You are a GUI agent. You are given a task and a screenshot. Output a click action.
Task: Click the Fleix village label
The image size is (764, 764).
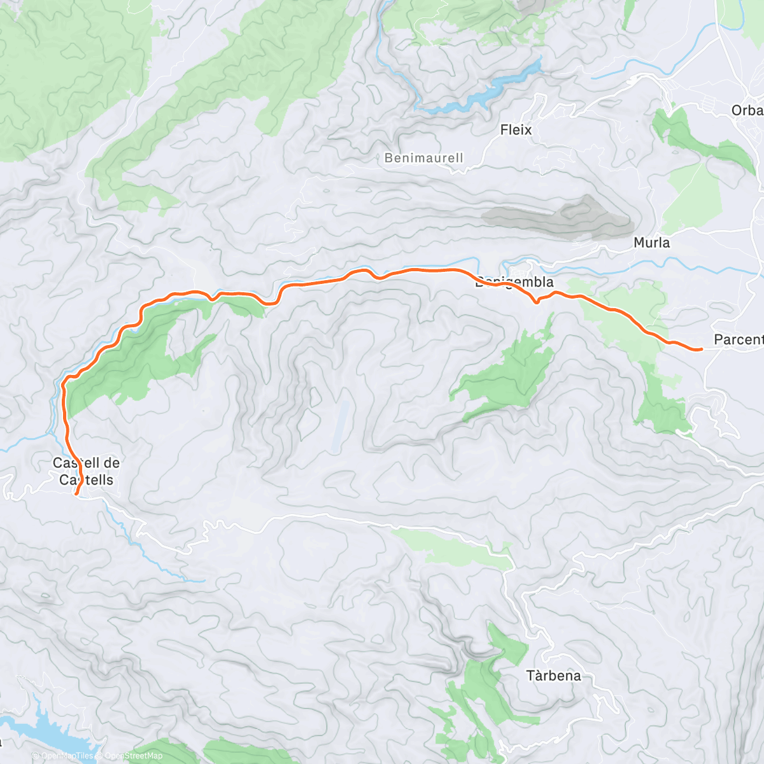pos(516,130)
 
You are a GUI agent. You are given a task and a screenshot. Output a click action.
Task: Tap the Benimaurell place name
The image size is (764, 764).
pos(424,158)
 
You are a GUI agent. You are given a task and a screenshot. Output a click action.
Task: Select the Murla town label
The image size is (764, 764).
pos(651,243)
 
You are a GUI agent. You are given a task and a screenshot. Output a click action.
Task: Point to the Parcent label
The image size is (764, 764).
pos(738,339)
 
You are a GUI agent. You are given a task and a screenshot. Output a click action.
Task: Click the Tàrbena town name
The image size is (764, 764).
pos(553,676)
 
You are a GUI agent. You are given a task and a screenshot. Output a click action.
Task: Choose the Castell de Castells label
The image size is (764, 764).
pos(86,471)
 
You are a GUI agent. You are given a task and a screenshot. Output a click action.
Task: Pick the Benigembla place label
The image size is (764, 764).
pos(514,282)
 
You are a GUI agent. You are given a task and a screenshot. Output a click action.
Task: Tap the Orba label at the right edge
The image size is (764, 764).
pos(746,110)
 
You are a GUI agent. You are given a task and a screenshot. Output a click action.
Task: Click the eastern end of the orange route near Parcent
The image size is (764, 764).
pos(700,350)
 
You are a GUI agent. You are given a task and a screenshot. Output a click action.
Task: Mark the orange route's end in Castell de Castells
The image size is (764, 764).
pos(76,493)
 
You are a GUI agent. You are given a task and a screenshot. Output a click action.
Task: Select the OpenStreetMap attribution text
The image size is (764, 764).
pos(134,756)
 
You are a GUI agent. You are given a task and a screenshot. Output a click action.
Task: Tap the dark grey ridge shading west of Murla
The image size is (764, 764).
pos(560,216)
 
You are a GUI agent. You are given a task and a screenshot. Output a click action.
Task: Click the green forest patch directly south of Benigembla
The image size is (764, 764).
pos(509,376)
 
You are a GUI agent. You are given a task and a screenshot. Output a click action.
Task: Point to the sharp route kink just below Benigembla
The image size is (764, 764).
pos(537,302)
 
